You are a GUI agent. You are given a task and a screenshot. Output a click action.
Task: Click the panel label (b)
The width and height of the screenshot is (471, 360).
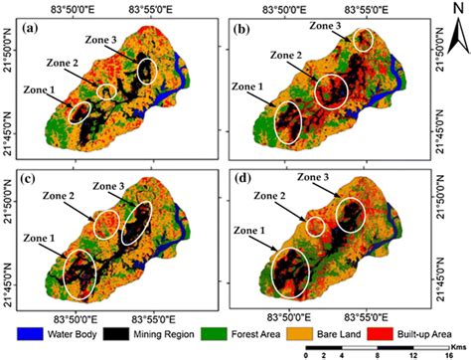[241, 27]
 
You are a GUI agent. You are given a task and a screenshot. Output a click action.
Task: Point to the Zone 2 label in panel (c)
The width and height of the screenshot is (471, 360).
[66, 196]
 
